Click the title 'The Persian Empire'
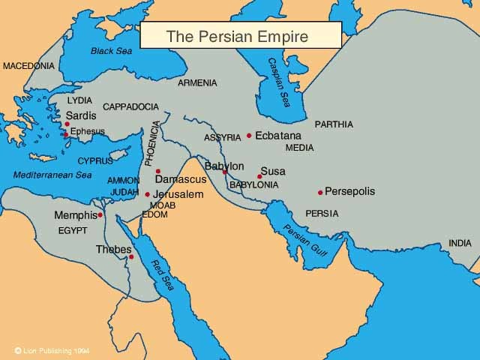[237, 35]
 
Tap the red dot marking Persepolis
[320, 193]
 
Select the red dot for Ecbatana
[249, 136]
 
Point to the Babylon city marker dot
[225, 172]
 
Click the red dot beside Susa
[259, 177]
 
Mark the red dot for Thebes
[131, 256]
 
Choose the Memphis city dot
[100, 215]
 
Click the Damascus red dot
[158, 172]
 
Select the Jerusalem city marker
[148, 195]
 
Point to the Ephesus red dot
[66, 135]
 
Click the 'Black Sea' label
[110, 51]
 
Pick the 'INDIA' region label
[460, 243]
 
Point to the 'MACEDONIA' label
[28, 66]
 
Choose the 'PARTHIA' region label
[334, 124]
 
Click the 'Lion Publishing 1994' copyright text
[56, 350]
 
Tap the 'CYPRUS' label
[95, 160]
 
